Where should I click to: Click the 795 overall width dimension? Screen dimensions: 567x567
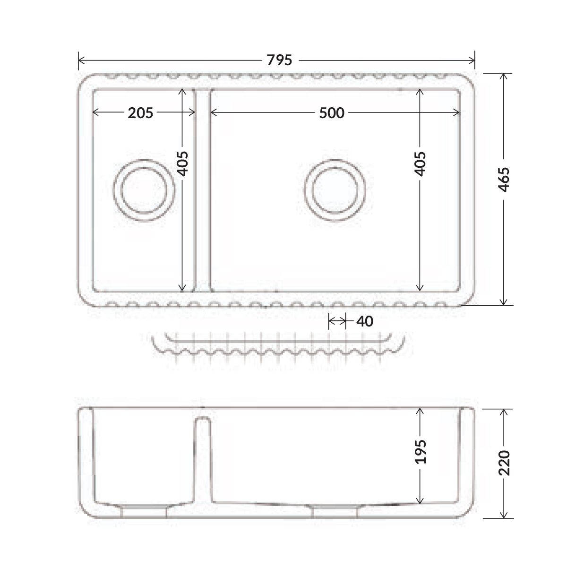click(x=279, y=60)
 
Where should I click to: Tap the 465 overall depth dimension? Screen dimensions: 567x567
click(x=504, y=180)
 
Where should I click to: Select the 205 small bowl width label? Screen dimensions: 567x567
click(x=140, y=113)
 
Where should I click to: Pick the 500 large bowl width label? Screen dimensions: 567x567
click(x=332, y=113)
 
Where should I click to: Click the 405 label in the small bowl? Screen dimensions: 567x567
click(x=182, y=163)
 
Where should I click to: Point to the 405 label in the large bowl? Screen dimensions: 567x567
click(x=420, y=164)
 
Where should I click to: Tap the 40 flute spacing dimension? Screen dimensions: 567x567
click(x=365, y=321)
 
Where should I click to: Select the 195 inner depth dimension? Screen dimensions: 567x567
click(x=420, y=452)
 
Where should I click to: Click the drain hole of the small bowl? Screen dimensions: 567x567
click(x=144, y=190)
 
